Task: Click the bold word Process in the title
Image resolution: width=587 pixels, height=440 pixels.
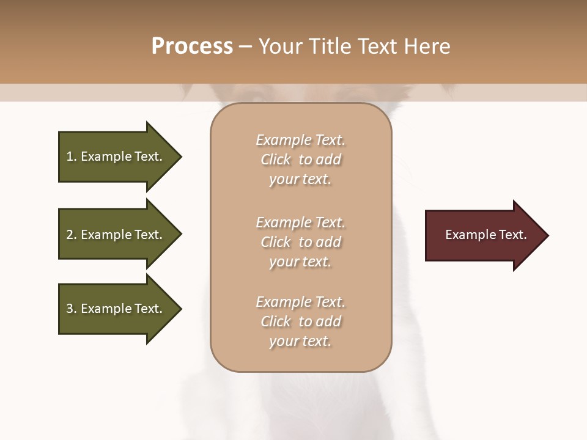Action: point(192,46)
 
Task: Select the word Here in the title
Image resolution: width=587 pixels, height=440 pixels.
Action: point(427,46)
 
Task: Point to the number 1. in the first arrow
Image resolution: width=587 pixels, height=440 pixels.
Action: point(72,156)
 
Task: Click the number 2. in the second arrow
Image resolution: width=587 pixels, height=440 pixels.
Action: point(72,235)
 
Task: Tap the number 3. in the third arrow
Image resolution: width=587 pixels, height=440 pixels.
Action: point(72,309)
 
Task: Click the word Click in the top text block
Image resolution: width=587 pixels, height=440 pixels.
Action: point(276,159)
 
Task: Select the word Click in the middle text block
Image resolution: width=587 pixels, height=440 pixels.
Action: point(276,242)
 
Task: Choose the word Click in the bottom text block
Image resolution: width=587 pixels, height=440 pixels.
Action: point(276,321)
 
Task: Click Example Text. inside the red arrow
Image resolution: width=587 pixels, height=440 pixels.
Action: point(486,235)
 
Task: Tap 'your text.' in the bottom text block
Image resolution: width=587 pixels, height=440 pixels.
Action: point(300,341)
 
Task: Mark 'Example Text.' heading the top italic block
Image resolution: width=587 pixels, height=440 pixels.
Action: point(301,140)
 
